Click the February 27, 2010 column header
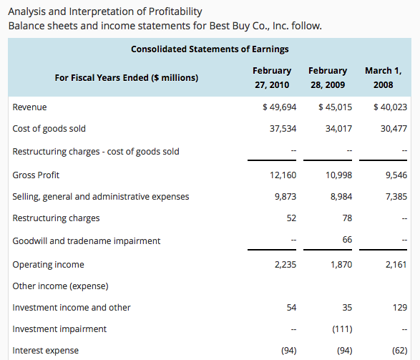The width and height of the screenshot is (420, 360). point(272,78)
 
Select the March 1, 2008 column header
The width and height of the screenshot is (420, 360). point(384,78)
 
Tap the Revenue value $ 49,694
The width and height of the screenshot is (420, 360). point(279,107)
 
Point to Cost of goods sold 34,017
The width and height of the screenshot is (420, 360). point(338,129)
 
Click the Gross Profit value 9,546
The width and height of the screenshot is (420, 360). point(396,175)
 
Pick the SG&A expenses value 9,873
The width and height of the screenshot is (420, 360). point(285,197)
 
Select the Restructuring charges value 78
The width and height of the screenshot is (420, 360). point(347,218)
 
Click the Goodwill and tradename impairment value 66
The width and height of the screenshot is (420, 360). point(347,240)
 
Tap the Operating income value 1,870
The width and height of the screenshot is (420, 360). point(341,265)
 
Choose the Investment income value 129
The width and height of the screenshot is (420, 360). point(400,308)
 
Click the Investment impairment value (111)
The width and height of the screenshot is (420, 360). point(342,329)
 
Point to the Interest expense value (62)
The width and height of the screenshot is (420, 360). point(400,351)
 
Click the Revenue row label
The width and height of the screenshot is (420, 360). point(29,107)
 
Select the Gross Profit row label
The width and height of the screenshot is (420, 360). point(36,175)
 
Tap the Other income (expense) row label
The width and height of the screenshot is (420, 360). point(61,286)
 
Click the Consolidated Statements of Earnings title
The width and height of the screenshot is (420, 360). point(210,49)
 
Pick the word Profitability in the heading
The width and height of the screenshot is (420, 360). point(175,11)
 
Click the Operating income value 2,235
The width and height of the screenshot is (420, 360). point(285,265)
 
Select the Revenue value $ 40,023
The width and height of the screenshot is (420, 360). point(390,107)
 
